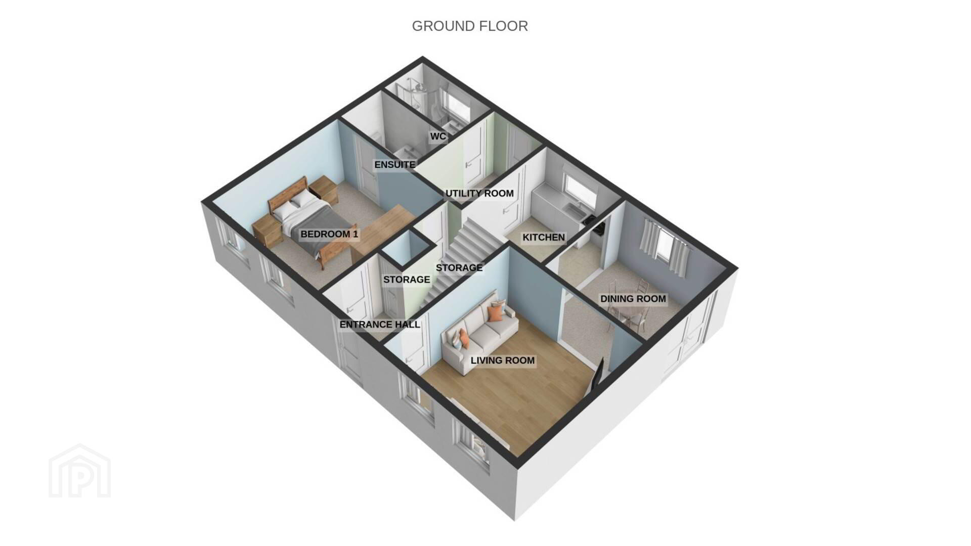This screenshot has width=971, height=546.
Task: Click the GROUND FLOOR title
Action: pyautogui.click(x=470, y=26)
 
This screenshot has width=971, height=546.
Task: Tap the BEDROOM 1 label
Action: pyautogui.click(x=329, y=234)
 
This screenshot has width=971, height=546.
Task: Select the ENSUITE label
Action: pyautogui.click(x=395, y=165)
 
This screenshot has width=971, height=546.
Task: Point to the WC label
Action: pyautogui.click(x=438, y=136)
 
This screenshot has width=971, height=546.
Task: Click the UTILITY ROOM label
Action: pyautogui.click(x=479, y=193)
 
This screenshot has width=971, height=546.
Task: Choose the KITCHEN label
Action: pyautogui.click(x=544, y=237)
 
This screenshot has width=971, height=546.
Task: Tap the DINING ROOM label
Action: pyautogui.click(x=633, y=299)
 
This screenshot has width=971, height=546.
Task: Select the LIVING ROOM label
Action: pyautogui.click(x=503, y=360)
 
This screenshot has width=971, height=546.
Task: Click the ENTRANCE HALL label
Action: pyautogui.click(x=380, y=325)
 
